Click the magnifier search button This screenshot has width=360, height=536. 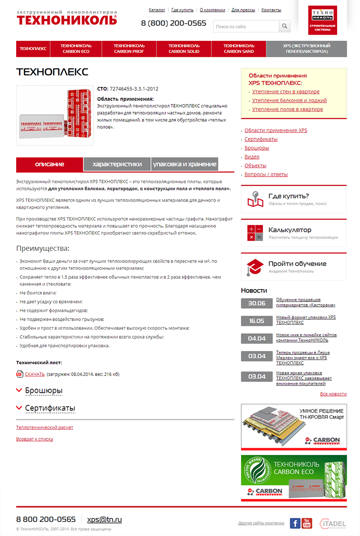(284, 27)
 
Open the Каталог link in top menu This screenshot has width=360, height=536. (157, 9)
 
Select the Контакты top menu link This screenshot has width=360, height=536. (271, 9)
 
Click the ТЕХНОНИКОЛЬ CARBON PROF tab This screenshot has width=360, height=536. (129, 49)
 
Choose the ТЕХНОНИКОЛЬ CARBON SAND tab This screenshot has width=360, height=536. (238, 49)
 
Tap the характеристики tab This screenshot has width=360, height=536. (117, 164)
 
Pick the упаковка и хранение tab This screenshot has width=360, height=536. (184, 164)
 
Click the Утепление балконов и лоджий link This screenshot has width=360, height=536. (289, 100)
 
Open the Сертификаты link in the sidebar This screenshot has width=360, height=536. (261, 139)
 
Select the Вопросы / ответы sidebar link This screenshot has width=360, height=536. (266, 174)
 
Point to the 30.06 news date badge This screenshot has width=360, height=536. (256, 303)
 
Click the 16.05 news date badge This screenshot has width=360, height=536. (256, 321)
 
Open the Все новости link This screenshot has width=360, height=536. (333, 394)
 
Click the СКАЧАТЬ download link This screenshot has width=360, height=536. (35, 374)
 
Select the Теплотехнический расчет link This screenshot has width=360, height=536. (45, 427)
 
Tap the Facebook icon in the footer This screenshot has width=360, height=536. (295, 523)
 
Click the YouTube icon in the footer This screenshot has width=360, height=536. (307, 523)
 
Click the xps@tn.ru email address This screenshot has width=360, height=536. (104, 519)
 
